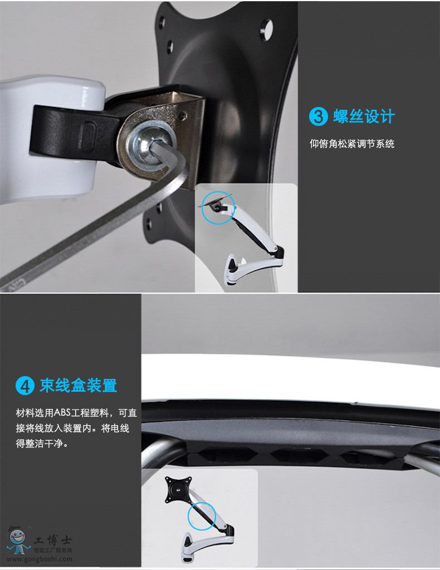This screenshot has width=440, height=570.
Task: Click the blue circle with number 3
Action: tap(318, 116)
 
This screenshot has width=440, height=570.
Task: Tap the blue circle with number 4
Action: tap(25, 386)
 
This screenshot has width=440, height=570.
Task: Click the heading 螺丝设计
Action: tap(364, 116)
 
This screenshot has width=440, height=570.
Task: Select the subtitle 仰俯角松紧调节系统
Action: tap(351, 144)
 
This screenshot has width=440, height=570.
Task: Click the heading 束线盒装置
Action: tap(79, 386)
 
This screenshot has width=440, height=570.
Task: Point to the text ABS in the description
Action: tap(62, 413)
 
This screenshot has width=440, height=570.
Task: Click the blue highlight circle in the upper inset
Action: tap(218, 208)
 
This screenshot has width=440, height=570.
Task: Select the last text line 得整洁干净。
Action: tap(42, 444)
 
